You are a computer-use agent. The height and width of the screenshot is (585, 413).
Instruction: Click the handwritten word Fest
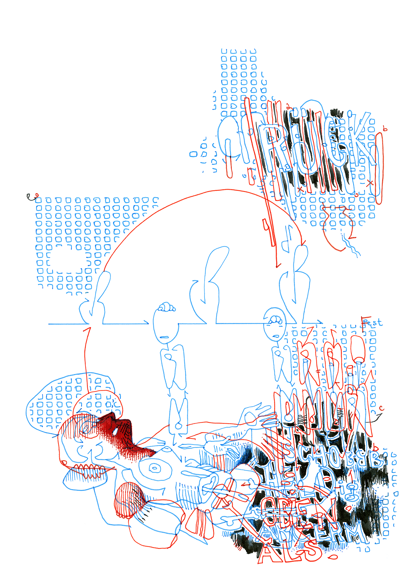(372, 323)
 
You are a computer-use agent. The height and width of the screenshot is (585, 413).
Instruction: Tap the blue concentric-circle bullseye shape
(155, 468)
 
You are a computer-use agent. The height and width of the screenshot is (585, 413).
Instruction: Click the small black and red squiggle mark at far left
(32, 197)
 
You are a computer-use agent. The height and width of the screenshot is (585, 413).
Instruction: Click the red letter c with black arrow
(381, 409)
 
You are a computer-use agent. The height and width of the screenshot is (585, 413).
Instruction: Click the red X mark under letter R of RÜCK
(300, 189)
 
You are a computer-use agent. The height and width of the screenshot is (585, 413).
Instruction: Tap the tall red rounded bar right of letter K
(379, 168)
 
